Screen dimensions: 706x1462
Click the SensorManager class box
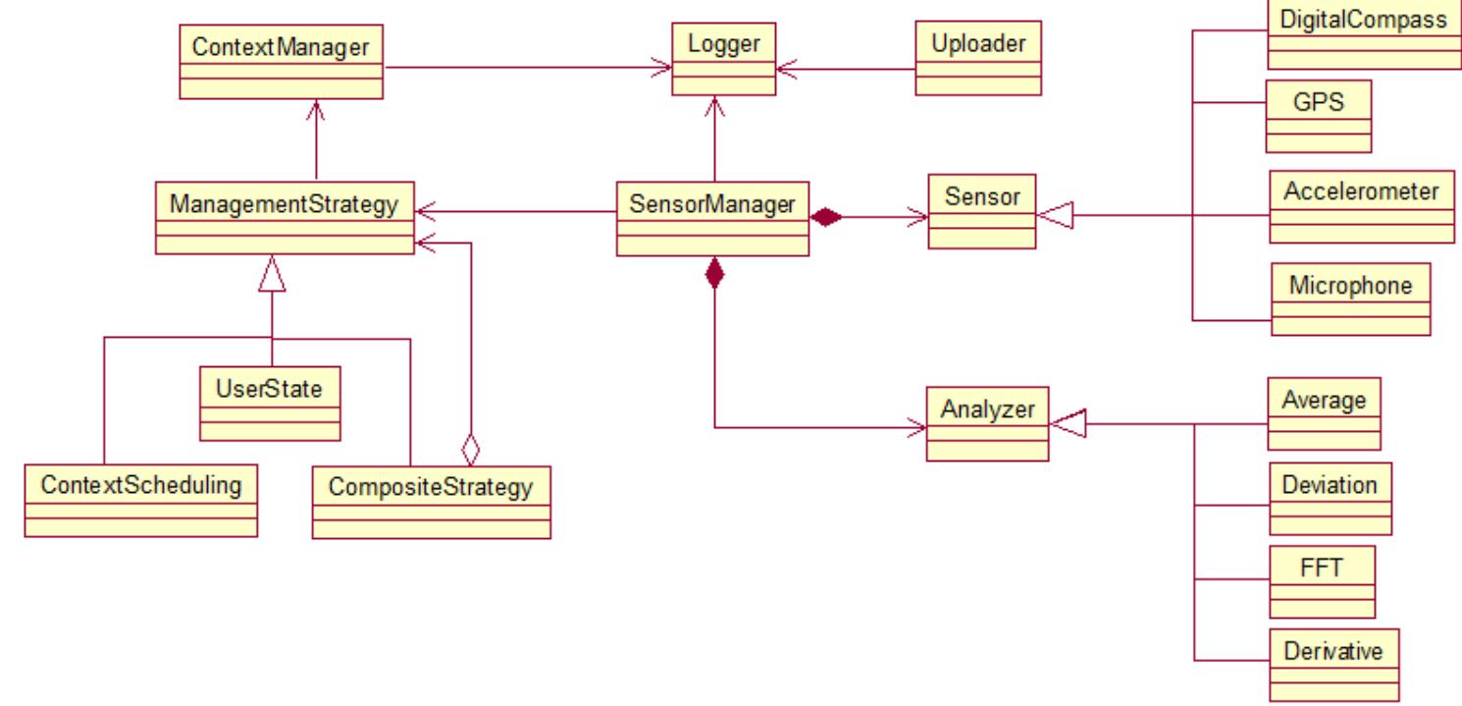tap(713, 219)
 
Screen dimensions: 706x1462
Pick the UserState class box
tap(270, 402)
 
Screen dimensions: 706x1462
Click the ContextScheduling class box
tap(141, 501)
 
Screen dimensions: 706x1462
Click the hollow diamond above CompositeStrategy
tap(471, 451)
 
